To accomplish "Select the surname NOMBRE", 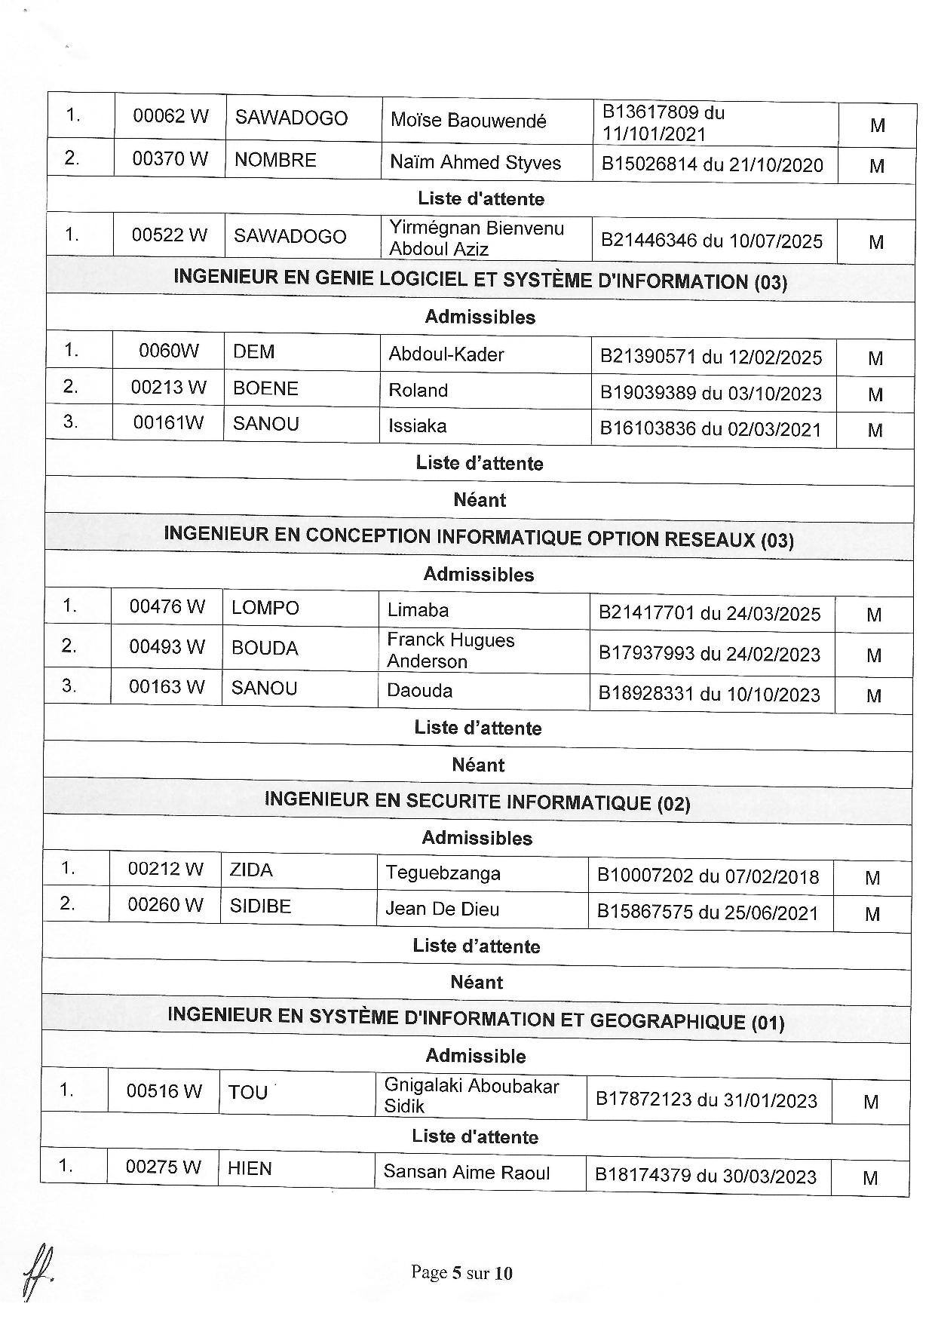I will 275,160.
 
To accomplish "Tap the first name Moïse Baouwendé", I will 468,120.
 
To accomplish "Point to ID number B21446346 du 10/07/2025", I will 711,241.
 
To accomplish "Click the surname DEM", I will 253,352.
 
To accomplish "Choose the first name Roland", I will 418,390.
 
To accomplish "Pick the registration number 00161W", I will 168,422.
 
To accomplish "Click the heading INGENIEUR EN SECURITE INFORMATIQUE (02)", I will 477,802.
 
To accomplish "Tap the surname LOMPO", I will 265,608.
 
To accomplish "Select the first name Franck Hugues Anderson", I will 450,650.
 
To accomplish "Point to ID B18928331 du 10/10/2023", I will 709,694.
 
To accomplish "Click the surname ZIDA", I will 251,870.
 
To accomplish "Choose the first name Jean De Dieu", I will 442,909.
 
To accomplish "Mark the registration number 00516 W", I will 164,1090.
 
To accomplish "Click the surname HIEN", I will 250,1168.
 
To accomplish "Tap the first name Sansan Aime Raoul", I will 466,1172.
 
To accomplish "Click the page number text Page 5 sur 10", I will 461,1273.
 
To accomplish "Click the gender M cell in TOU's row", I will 871,1102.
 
